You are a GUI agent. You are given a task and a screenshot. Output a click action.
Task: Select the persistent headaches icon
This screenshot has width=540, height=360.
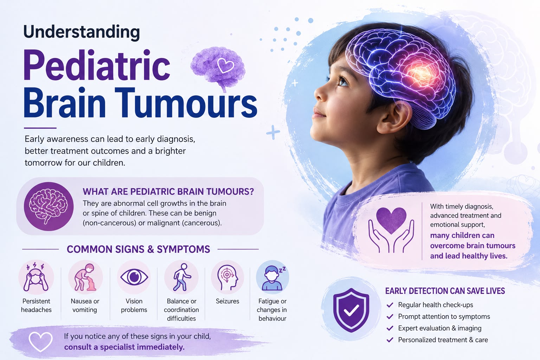[x=36, y=277]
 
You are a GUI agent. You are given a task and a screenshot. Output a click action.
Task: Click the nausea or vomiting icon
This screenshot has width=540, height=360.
[x=85, y=277]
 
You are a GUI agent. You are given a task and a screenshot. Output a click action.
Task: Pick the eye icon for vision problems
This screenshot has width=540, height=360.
[x=134, y=277]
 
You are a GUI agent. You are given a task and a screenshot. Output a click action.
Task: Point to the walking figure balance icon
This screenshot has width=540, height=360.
[x=181, y=277]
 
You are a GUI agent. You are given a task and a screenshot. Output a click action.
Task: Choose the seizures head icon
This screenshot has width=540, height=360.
[x=227, y=277]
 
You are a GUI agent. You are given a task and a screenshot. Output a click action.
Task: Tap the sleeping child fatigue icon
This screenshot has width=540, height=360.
[x=272, y=277]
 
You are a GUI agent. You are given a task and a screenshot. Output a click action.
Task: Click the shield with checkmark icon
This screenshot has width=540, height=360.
[x=351, y=310]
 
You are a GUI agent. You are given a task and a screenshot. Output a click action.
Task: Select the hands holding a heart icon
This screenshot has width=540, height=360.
[x=391, y=230]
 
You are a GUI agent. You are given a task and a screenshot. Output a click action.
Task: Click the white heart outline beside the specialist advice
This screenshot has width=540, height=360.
[x=40, y=342]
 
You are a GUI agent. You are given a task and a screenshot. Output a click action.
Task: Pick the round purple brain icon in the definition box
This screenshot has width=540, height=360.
[x=49, y=206]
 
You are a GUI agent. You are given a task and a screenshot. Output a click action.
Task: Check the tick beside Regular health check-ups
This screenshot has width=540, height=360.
[x=390, y=305]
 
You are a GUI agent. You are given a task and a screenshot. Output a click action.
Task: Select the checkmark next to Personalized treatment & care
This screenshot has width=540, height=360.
[x=390, y=340]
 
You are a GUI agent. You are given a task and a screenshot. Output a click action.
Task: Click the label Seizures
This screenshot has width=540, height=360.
[x=227, y=301]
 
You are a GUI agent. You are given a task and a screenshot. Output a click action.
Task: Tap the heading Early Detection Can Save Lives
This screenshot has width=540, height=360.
[x=445, y=291]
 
